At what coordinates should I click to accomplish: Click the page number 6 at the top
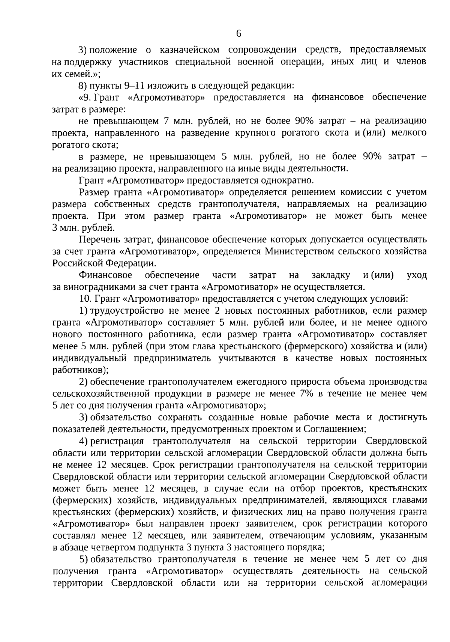[239, 34]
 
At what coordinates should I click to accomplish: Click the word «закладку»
[331, 275]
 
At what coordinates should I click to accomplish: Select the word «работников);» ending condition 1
[80, 370]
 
